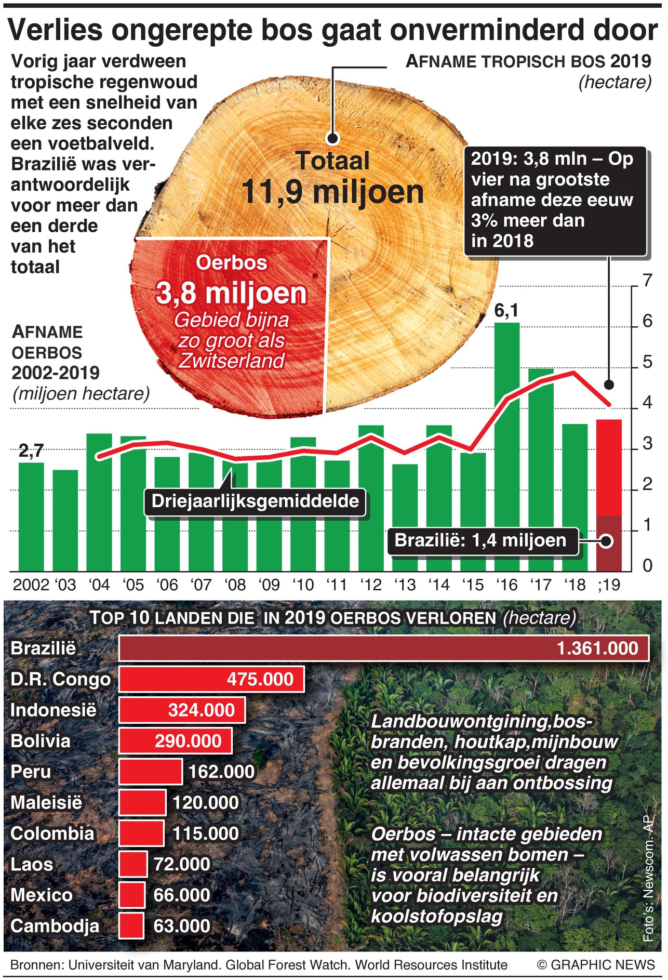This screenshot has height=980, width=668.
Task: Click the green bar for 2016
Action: tap(506, 447)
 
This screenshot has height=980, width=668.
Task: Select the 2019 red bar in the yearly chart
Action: tap(608, 468)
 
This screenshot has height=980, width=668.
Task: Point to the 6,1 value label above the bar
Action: tap(506, 311)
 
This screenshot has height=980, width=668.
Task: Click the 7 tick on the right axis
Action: tap(647, 281)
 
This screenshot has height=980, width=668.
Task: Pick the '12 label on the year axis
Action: tap(371, 585)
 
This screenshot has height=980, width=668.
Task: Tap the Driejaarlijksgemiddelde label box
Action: tap(255, 501)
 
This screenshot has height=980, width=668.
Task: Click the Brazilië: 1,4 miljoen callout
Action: tap(480, 540)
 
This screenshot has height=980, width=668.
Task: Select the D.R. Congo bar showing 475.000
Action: tap(211, 679)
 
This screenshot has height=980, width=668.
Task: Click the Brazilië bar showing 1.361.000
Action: tap(384, 648)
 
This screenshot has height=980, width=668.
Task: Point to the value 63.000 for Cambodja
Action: tap(182, 926)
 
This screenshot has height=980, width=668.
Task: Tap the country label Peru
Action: tap(31, 772)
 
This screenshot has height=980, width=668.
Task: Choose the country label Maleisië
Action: tap(46, 803)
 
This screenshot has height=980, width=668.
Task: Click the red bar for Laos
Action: tap(133, 864)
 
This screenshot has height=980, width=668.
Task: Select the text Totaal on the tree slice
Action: tap(332, 161)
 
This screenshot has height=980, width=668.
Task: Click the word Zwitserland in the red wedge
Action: tap(232, 361)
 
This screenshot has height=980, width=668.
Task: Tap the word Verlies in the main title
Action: tap(56, 30)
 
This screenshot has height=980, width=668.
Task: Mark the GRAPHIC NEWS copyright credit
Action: tap(596, 965)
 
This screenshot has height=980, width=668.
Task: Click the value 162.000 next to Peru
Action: tap(221, 772)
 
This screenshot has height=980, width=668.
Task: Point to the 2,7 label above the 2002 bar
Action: tap(31, 451)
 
